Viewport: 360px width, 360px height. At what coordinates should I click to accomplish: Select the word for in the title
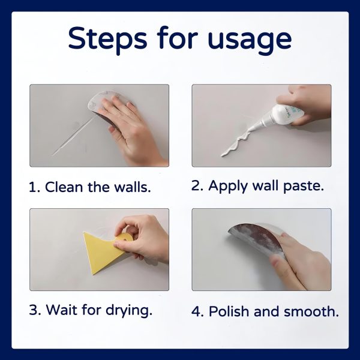179,39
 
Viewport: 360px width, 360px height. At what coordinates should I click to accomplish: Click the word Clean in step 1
66,187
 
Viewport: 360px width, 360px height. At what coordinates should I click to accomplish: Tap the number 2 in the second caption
196,186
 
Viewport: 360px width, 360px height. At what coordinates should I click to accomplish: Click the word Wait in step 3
62,311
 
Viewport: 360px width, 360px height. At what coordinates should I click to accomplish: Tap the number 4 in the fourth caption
196,311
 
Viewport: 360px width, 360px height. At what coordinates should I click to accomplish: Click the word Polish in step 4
231,311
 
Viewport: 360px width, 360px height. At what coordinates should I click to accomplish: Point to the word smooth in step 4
311,311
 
